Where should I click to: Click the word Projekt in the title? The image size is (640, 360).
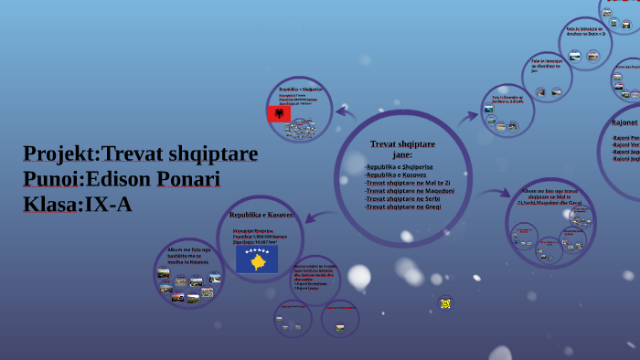coord(59,154)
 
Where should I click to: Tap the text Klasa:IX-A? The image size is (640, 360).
coord(78,205)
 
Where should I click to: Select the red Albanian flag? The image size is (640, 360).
coord(278,114)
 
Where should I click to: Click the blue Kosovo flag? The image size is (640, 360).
coord(257,259)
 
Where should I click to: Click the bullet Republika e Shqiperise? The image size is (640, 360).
coord(400,167)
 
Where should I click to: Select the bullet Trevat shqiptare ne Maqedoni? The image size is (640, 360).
coord(410,191)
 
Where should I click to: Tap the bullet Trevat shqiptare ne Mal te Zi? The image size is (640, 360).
coord(407,183)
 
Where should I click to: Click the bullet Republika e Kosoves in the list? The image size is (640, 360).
coord(396,175)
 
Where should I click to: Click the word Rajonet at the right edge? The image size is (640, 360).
coord(624,122)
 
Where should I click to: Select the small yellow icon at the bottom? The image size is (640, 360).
coord(445,303)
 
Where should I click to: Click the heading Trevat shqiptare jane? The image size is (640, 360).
coord(402,149)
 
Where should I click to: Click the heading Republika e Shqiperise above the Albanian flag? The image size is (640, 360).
coord(301,90)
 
